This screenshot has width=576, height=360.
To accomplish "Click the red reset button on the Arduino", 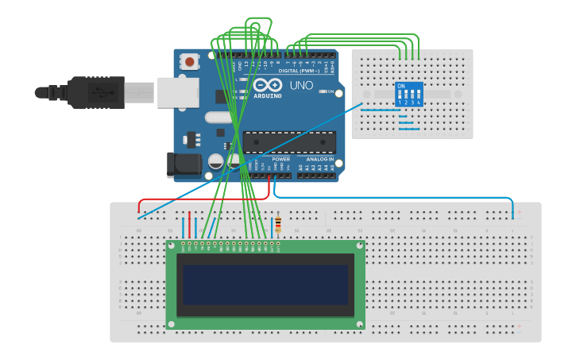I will [190, 61].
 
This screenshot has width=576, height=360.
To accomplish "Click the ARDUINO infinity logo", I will [268, 85].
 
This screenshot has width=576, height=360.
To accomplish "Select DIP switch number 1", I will [400, 95].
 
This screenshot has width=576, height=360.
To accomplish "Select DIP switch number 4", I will [418, 95].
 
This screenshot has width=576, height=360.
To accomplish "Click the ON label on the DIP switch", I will [401, 85].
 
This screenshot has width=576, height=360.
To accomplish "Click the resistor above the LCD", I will [277, 226].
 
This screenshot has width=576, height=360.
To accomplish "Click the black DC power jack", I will [182, 165].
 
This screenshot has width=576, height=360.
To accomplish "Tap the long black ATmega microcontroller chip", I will [288, 141].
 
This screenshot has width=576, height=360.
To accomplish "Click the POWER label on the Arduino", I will [281, 158].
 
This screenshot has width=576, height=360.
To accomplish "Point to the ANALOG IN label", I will [319, 158].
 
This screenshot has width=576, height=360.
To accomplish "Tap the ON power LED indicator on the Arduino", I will [323, 91].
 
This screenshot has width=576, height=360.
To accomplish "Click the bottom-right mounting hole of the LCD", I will [360, 324].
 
